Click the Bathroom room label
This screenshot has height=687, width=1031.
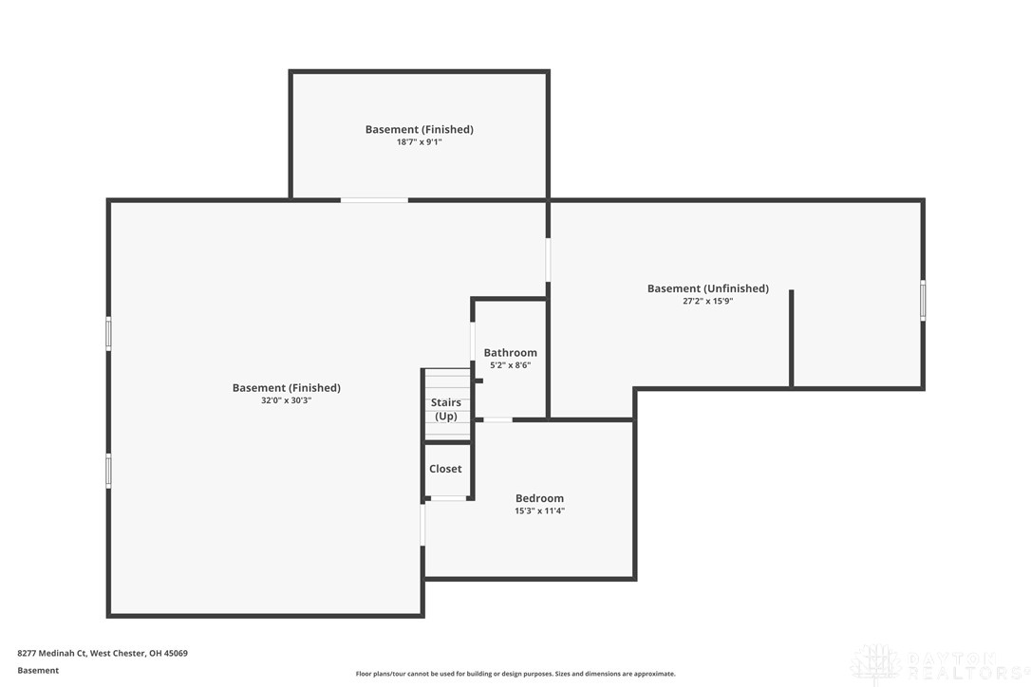510,352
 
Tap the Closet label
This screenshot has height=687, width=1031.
445,469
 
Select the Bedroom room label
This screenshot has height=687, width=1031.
539,498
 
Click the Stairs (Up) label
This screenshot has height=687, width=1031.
446,409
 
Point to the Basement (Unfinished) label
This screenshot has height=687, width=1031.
707,288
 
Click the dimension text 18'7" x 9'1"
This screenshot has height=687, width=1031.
419,141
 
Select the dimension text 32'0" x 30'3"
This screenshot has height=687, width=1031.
286,399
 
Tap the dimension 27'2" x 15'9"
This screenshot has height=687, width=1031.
707,301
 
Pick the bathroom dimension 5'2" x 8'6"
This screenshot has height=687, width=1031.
510,365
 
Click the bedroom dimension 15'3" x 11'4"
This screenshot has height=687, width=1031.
539,511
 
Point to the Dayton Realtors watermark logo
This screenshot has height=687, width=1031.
939,664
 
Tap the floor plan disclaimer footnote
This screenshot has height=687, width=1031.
515,673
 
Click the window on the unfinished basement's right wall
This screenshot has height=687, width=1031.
923,301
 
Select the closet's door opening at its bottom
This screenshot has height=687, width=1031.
448,498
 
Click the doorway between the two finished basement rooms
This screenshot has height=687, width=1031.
374,200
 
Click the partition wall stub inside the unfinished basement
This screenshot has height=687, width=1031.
791,339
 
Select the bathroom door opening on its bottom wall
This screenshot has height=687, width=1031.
497,419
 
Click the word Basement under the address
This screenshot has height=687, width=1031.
38,671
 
